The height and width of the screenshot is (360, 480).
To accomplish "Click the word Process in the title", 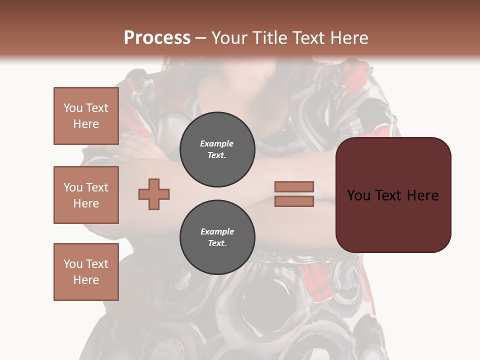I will (x=157, y=38).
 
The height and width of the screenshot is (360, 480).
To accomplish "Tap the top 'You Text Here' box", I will (x=86, y=116).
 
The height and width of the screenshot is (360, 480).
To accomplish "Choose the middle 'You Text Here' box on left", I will (x=86, y=195).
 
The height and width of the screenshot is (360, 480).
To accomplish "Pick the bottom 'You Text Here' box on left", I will (x=86, y=272).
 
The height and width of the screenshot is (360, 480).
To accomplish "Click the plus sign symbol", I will (x=154, y=194).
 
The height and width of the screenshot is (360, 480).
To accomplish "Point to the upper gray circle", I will (x=217, y=149).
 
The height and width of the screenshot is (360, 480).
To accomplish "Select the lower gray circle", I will (x=217, y=237).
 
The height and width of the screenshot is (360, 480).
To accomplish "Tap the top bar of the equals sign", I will (x=294, y=187).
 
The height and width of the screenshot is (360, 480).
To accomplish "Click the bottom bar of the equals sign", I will (x=294, y=201).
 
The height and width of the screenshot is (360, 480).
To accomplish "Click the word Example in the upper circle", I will (x=217, y=144).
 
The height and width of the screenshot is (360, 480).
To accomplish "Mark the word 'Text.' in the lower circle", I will (x=217, y=243).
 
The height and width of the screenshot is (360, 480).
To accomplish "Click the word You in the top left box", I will (x=73, y=108).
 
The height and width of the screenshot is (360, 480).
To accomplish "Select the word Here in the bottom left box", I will (x=86, y=280).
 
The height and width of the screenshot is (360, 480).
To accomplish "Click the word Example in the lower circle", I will (x=217, y=232).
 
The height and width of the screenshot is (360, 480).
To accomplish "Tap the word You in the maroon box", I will (x=358, y=195).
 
